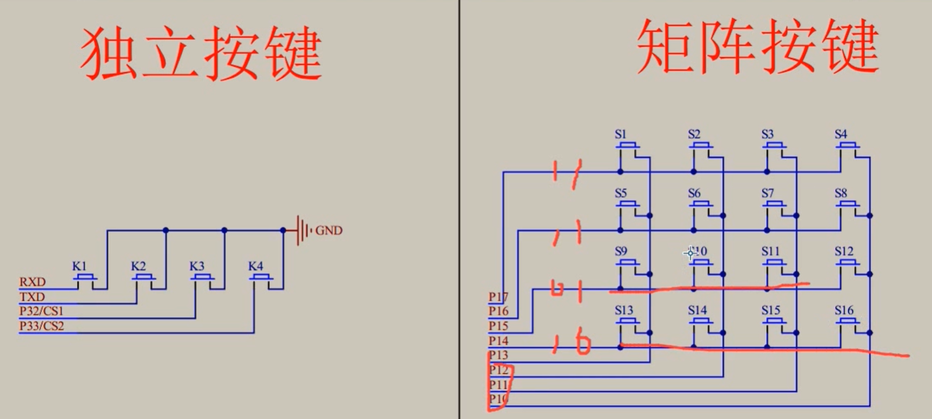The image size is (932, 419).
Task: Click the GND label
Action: [329, 230]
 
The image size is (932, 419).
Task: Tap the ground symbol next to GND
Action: [303, 230]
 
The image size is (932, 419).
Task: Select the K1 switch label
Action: [79, 266]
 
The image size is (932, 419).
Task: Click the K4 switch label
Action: [255, 266]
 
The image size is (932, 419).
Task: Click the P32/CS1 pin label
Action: [42, 311]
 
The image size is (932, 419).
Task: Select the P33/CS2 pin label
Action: [42, 327]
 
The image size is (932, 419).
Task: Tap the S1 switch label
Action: [621, 134]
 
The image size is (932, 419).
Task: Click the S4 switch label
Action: [841, 134]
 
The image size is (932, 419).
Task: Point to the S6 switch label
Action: [694, 193]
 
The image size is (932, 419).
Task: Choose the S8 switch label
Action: [841, 193]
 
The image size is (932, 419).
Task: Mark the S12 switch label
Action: [844, 251]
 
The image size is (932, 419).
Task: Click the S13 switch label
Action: [624, 310]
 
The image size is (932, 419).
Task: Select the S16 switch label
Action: [844, 310]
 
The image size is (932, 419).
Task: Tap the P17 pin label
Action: [498, 296]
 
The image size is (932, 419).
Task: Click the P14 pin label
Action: [498, 340]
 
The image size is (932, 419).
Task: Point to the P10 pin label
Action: [498, 399]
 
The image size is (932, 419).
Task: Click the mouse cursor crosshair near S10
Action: [690, 253]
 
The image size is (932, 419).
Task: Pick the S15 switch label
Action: [771, 310]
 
